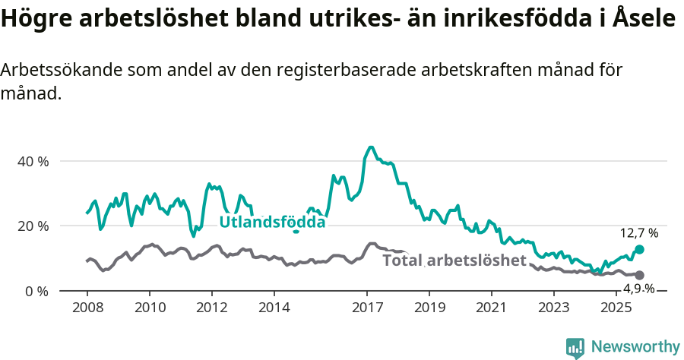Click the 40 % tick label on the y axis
[x=33, y=162]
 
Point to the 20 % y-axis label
[x=33, y=226]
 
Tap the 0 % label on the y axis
[x=36, y=291]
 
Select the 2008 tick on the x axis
[x=87, y=308]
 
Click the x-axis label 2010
[x=149, y=308]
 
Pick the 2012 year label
[x=211, y=308]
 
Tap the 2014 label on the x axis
[x=274, y=308]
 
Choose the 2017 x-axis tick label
[x=367, y=308]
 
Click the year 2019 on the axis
[x=429, y=308]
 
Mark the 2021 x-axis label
[x=492, y=308]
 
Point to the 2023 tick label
[x=554, y=308]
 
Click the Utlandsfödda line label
[x=272, y=222]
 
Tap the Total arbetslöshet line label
[x=454, y=261]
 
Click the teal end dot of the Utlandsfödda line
[x=639, y=250]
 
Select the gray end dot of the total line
[x=639, y=275]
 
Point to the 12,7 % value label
[x=639, y=233]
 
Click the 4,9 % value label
[x=639, y=289]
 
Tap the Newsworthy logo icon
[x=575, y=348]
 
